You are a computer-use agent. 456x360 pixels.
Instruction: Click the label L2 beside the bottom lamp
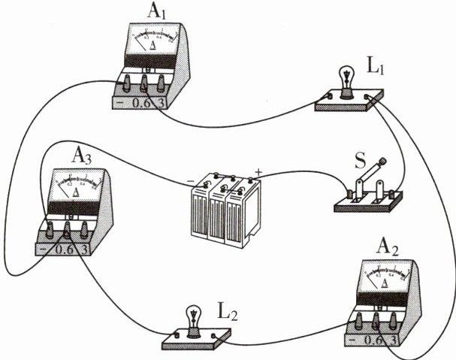(225, 310)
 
